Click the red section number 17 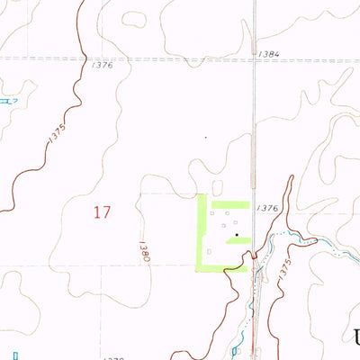point(102,212)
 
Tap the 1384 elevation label point(267,54)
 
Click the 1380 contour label point(143,250)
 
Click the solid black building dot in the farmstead point(237,236)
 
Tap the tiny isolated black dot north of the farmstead point(205,138)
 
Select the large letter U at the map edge point(356,338)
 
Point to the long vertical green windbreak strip point(201,231)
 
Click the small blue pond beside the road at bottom point(235,349)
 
